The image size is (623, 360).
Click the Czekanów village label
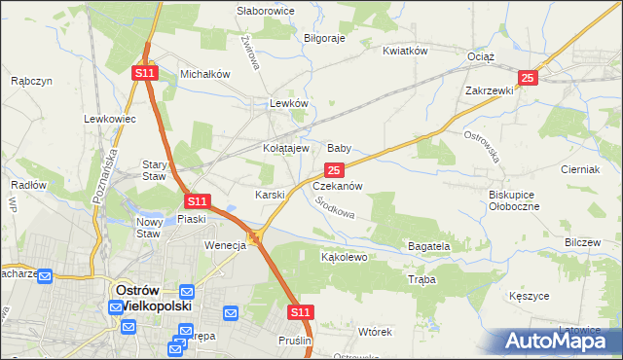[x=338, y=185]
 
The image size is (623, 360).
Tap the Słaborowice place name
[x=267, y=11]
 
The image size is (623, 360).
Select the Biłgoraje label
[x=325, y=38]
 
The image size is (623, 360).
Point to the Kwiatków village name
[x=406, y=51]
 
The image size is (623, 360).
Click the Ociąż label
[x=482, y=57]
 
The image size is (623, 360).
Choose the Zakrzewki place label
[x=489, y=90]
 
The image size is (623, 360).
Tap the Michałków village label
[x=204, y=74]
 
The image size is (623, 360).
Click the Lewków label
[x=289, y=103]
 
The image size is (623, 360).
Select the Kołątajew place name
[x=286, y=148]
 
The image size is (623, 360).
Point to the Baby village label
[x=339, y=148]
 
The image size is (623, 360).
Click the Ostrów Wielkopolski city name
[x=151, y=297]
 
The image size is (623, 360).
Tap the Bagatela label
[x=428, y=247]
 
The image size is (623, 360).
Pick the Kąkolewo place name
[x=344, y=258]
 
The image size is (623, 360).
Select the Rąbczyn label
[x=30, y=82]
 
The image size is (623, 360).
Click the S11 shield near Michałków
[x=144, y=72]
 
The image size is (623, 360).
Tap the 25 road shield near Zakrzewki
[x=527, y=78]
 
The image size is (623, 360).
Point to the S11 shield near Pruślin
[x=302, y=311]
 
